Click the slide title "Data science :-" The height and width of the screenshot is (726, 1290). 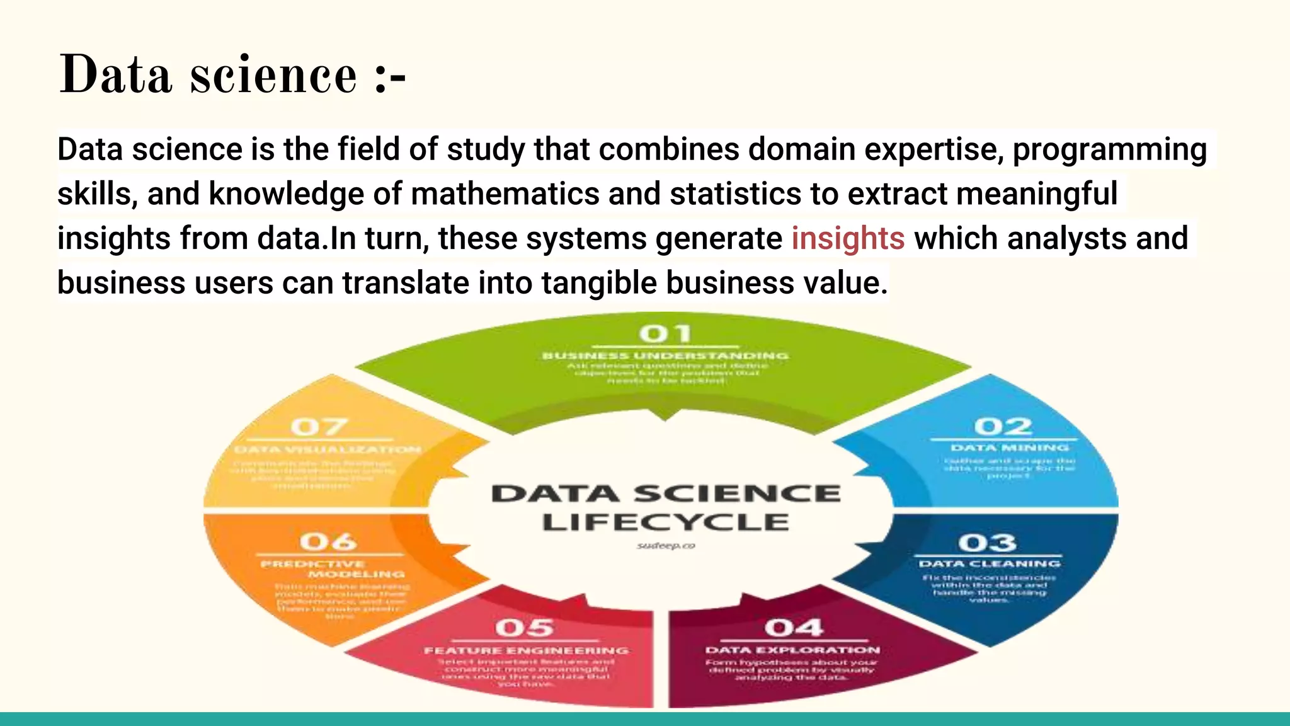232,76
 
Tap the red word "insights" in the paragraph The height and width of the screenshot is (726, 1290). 848,239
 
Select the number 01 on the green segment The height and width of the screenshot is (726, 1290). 665,333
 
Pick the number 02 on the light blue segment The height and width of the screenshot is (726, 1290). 1003,427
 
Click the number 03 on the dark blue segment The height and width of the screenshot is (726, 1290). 987,543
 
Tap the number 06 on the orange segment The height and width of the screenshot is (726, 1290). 328,541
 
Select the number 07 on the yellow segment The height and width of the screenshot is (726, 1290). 319,427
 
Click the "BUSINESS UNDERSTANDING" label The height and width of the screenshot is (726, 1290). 665,356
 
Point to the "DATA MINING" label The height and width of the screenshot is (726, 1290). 1009,448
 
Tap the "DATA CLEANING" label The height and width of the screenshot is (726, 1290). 990,564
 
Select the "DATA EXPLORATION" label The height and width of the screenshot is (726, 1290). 792,650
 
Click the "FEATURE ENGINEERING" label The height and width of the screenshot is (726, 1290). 526,650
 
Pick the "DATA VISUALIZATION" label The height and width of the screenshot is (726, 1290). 328,450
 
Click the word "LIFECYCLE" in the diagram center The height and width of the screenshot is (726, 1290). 665,522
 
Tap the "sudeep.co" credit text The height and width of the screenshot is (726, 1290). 666,546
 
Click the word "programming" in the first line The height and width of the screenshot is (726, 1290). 1110,150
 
